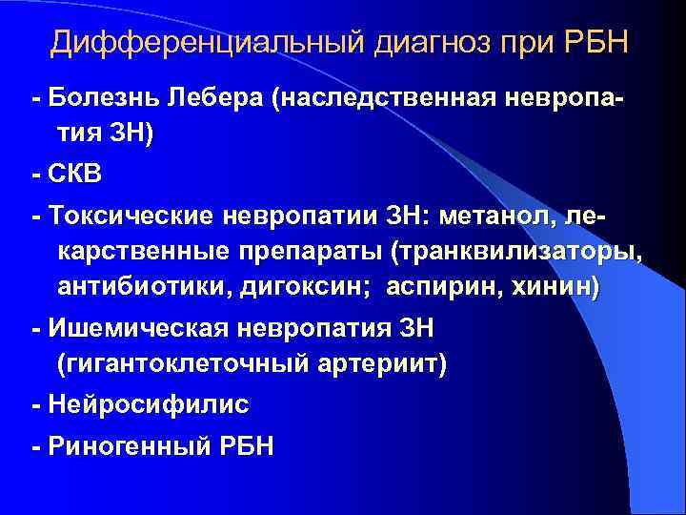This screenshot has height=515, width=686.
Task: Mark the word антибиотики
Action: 134,288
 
